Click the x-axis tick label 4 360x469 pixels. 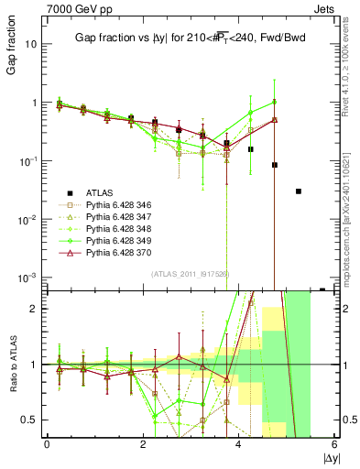click(x=238, y=444)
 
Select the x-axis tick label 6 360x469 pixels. click(x=333, y=444)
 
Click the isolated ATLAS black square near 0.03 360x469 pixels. click(x=299, y=191)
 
